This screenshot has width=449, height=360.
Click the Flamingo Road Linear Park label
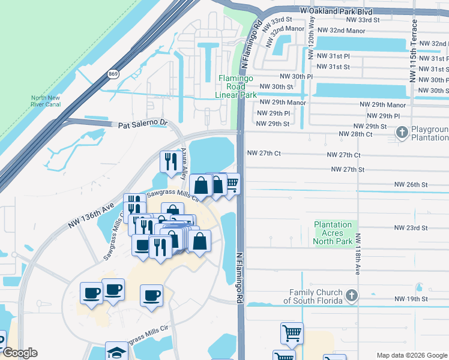click(237, 86)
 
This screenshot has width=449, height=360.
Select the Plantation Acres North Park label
click(333, 233)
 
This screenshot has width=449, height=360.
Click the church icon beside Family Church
click(352, 295)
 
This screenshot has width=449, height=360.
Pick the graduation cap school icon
click(116, 351)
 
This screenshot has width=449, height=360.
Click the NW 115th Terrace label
click(412, 51)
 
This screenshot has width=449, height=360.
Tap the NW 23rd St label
click(411, 228)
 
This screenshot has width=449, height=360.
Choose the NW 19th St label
click(411, 299)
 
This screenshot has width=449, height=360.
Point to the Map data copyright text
click(411, 355)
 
